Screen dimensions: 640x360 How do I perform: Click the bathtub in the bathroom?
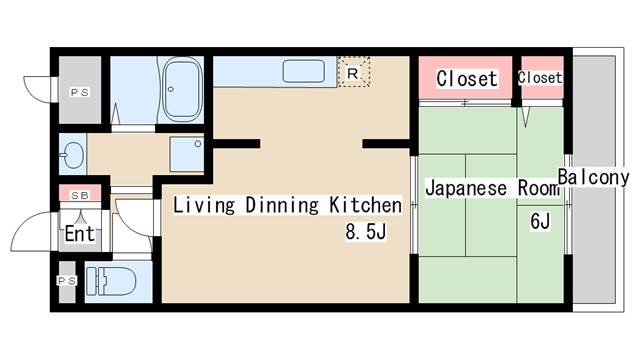click(182, 89)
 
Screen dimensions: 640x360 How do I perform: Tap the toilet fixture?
click(111, 281)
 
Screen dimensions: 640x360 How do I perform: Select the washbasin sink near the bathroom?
click(73, 155)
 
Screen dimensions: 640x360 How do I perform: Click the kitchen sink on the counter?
click(304, 71)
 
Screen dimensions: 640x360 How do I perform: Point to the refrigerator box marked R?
click(353, 73)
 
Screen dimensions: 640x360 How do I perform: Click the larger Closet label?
click(467, 78)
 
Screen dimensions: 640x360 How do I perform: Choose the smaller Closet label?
click(540, 77)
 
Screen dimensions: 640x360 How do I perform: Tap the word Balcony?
click(593, 178)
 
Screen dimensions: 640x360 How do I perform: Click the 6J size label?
click(540, 221)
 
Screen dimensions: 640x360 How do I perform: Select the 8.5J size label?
click(366, 231)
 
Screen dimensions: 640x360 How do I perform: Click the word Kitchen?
click(365, 204)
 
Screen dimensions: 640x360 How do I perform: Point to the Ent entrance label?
click(80, 234)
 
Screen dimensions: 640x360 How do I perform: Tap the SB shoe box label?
click(80, 196)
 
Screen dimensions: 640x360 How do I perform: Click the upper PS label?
click(80, 93)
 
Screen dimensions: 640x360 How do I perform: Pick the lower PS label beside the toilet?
click(67, 281)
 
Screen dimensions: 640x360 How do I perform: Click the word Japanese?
click(466, 188)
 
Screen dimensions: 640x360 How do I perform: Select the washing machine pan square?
click(187, 154)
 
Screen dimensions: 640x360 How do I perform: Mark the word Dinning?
click(282, 204)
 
